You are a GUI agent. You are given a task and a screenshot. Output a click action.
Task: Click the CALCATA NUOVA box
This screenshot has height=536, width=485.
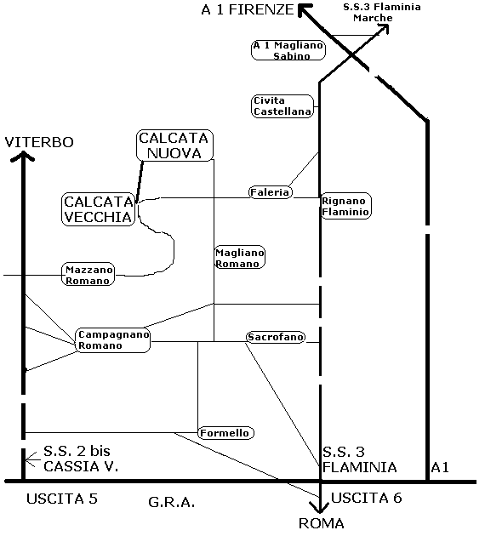coord(174,145)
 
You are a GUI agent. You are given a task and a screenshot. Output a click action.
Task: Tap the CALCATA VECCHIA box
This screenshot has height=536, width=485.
coord(99,209)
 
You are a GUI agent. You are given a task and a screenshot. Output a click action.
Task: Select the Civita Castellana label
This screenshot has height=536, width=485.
coord(282,106)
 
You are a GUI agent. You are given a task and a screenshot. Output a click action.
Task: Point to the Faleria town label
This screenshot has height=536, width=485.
coord(270,192)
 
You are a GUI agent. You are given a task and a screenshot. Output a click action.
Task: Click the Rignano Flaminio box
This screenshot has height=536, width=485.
coord(346,206)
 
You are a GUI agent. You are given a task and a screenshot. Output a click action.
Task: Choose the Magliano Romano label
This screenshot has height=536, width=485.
coord(240,257)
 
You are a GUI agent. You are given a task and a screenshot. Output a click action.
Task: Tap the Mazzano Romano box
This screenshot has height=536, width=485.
coord(88,275)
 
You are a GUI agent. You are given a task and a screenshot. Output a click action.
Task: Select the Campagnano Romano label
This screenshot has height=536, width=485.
coord(113,340)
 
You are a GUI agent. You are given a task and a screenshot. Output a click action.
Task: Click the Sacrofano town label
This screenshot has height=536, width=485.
coord(276,337)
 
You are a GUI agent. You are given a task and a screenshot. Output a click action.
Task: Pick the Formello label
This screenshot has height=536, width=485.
coord(226,433)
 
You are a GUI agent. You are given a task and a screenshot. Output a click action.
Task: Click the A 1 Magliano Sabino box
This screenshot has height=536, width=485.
coord(288,50)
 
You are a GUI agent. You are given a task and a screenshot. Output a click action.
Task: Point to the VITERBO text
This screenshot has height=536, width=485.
coord(39,142)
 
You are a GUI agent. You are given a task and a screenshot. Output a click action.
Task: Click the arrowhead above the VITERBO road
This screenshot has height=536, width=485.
coord(23,157)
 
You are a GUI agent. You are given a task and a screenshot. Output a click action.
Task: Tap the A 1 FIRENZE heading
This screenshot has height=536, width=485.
coord(248,9)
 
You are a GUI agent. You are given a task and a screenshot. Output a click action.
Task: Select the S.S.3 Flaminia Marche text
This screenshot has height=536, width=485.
coord(382,12)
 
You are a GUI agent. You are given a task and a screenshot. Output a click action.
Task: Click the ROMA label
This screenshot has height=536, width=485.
coord(322,523)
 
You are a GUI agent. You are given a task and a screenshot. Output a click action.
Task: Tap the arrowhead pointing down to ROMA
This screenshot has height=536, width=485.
coord(319,507)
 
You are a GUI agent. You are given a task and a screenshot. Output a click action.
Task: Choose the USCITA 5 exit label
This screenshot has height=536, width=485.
coord(62,499)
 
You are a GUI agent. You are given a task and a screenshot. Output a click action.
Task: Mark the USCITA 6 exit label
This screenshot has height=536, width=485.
coord(367,498)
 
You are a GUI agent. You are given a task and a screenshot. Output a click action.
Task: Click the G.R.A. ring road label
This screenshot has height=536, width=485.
coord(172,502)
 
